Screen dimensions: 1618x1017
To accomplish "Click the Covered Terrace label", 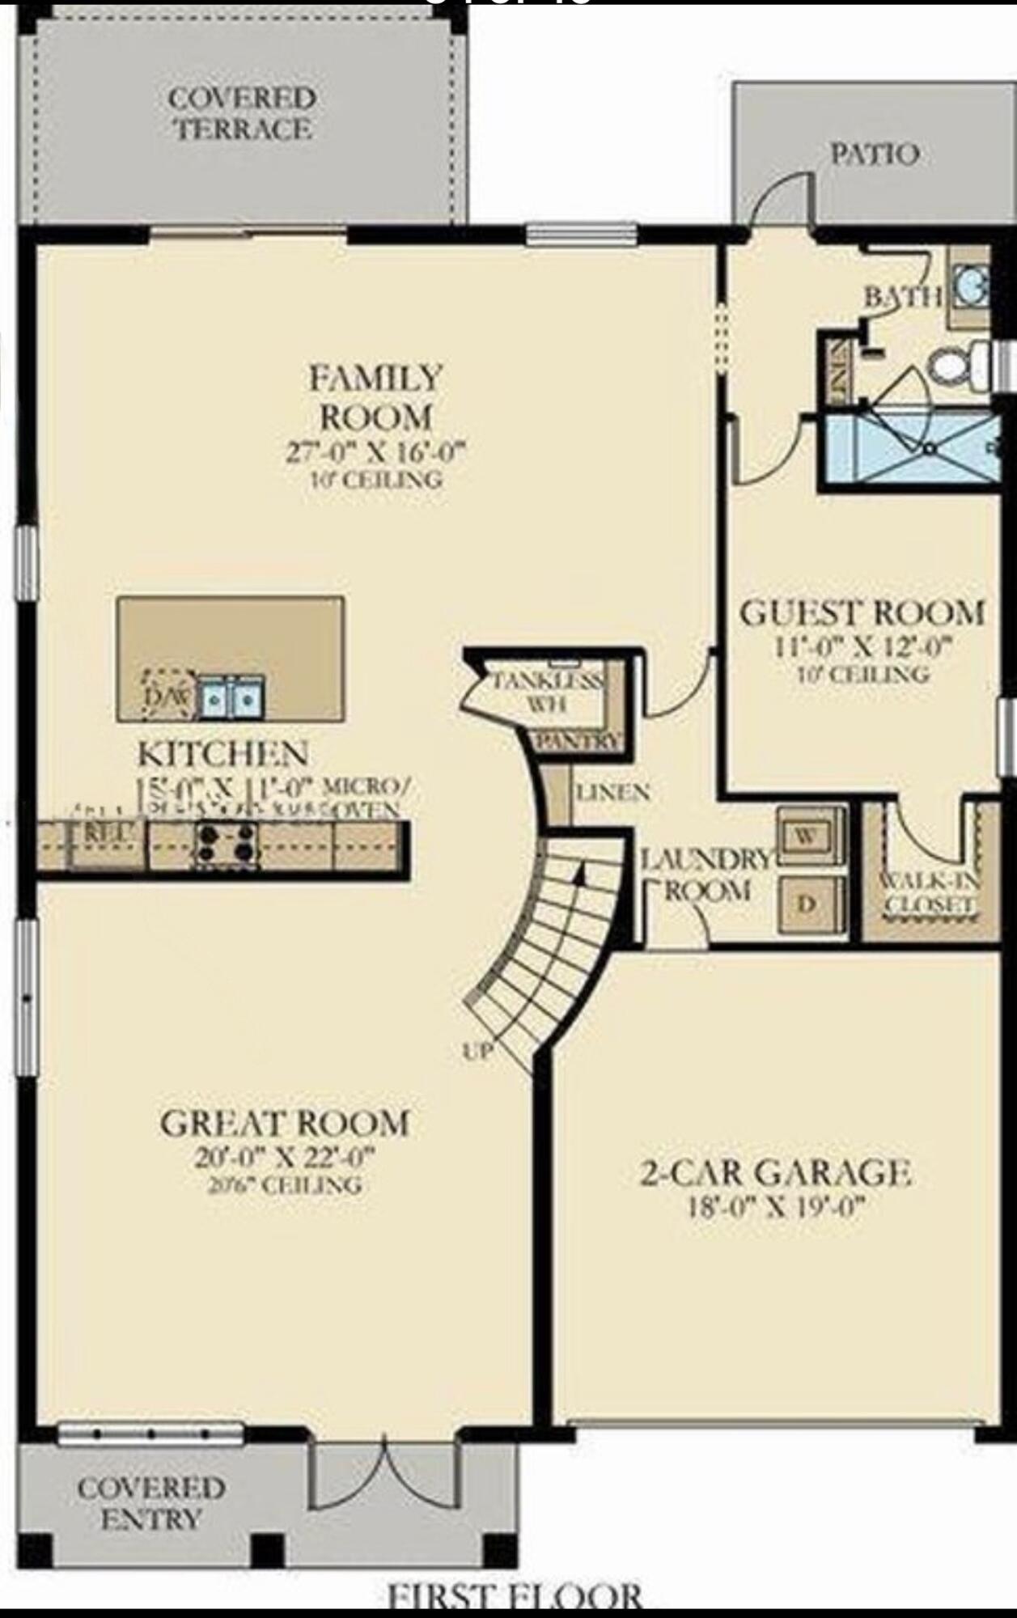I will click(x=241, y=114).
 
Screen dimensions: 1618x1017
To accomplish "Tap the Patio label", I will click(x=875, y=154).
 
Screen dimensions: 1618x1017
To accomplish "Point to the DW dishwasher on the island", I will click(x=167, y=696).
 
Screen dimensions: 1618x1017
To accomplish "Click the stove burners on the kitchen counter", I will click(x=225, y=845).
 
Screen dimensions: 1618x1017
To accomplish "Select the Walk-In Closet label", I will click(x=929, y=892).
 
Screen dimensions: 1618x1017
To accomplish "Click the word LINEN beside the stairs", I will click(x=612, y=792).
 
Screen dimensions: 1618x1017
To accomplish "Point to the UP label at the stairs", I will click(x=478, y=1051).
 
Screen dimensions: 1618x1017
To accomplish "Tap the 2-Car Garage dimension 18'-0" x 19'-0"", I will click(x=775, y=1208).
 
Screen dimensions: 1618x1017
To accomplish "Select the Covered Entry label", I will click(x=150, y=1503).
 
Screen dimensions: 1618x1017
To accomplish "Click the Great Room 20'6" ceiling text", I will click(x=283, y=1186).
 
